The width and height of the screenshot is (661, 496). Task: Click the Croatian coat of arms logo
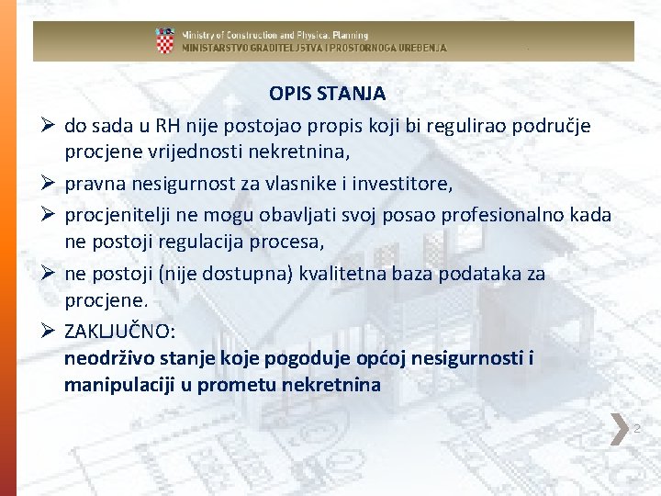pos(165,40)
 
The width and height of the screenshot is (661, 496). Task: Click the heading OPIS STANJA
pos(327,94)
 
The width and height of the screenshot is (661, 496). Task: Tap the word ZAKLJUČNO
pos(119,331)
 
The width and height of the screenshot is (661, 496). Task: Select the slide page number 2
pos(636,429)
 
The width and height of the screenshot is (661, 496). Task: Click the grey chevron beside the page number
pos(620,429)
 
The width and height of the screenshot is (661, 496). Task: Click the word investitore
pos(402,184)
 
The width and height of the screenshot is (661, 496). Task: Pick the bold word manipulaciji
pos(119,385)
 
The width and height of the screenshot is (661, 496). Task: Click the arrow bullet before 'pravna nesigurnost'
pos(48,183)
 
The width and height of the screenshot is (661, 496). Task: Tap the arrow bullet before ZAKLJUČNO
pos(48,331)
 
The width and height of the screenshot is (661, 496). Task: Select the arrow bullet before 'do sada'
pos(48,125)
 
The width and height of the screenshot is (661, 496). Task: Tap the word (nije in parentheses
pos(177,274)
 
